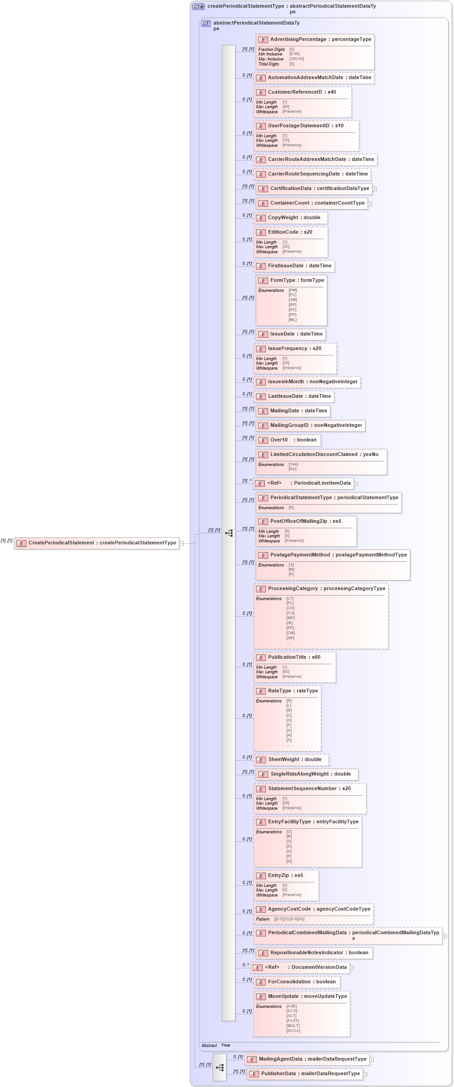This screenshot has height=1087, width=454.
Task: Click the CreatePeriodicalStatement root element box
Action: [x=96, y=543]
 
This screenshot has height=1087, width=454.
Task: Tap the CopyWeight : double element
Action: [x=294, y=218]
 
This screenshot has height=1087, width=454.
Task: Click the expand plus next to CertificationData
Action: [x=374, y=189]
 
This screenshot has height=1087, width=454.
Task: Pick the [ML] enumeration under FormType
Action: [x=292, y=320]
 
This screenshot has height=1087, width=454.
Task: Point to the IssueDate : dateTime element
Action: [x=296, y=334]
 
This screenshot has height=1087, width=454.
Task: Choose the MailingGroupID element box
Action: [x=315, y=426]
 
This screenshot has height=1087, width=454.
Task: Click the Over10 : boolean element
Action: [x=293, y=440]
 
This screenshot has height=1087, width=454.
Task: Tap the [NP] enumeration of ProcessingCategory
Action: [x=290, y=638]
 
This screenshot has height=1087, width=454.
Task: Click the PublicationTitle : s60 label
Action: [x=294, y=657]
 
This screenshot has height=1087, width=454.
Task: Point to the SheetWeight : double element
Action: [x=294, y=760]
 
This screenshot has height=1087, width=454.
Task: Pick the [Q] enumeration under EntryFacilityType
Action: [x=289, y=861]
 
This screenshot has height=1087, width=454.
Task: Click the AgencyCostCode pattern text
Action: [x=289, y=919]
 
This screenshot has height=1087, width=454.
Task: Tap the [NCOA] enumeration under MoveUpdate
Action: [x=293, y=1031]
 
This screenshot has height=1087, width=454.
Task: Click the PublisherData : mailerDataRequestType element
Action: [x=310, y=1074]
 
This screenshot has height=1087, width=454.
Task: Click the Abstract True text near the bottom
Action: [x=216, y=1045]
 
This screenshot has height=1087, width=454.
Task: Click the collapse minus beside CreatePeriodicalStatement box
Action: [x=181, y=543]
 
